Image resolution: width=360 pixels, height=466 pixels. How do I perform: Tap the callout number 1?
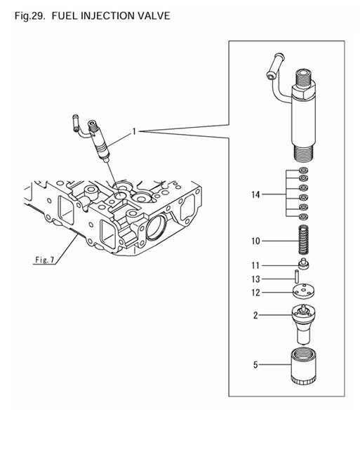tap(134, 131)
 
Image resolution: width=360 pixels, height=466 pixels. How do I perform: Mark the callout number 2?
tap(257, 316)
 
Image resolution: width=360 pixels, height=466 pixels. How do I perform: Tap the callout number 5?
tap(257, 364)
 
